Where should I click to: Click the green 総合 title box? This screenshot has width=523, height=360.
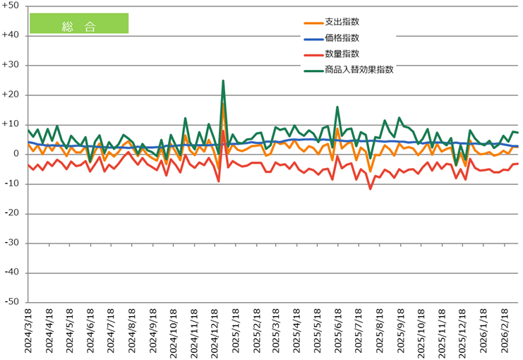pyautogui.click(x=78, y=23)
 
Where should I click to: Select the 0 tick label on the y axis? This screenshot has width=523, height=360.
pyautogui.click(x=16, y=154)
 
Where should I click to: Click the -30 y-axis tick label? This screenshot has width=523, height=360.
pyautogui.click(x=12, y=243)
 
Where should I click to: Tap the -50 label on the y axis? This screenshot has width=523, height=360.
pyautogui.click(x=12, y=302)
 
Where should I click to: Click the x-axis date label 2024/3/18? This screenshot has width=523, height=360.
pyautogui.click(x=30, y=332)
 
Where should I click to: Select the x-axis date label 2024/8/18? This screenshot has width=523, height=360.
pyautogui.click(x=132, y=332)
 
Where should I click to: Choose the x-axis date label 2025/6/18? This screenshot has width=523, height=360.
pyautogui.click(x=336, y=332)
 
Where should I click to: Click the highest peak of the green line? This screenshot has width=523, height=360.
pyautogui.click(x=223, y=80)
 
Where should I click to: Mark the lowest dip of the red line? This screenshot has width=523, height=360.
pyautogui.click(x=371, y=188)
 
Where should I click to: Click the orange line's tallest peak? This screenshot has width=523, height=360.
pyautogui.click(x=223, y=103)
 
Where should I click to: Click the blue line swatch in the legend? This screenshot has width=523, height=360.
pyautogui.click(x=311, y=39)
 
